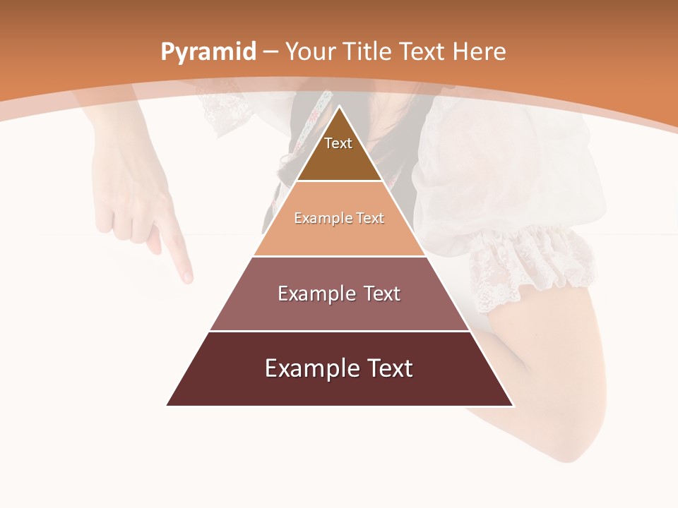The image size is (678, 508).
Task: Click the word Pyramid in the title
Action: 208,52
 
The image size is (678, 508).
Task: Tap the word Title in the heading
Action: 368,52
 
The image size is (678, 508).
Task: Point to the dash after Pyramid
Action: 270,52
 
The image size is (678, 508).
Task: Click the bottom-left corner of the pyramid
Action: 167,405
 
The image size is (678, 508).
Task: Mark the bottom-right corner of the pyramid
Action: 513,405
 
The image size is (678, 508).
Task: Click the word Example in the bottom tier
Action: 306,368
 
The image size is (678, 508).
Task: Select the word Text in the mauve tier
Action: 381,294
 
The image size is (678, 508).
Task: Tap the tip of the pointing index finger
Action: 188,279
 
